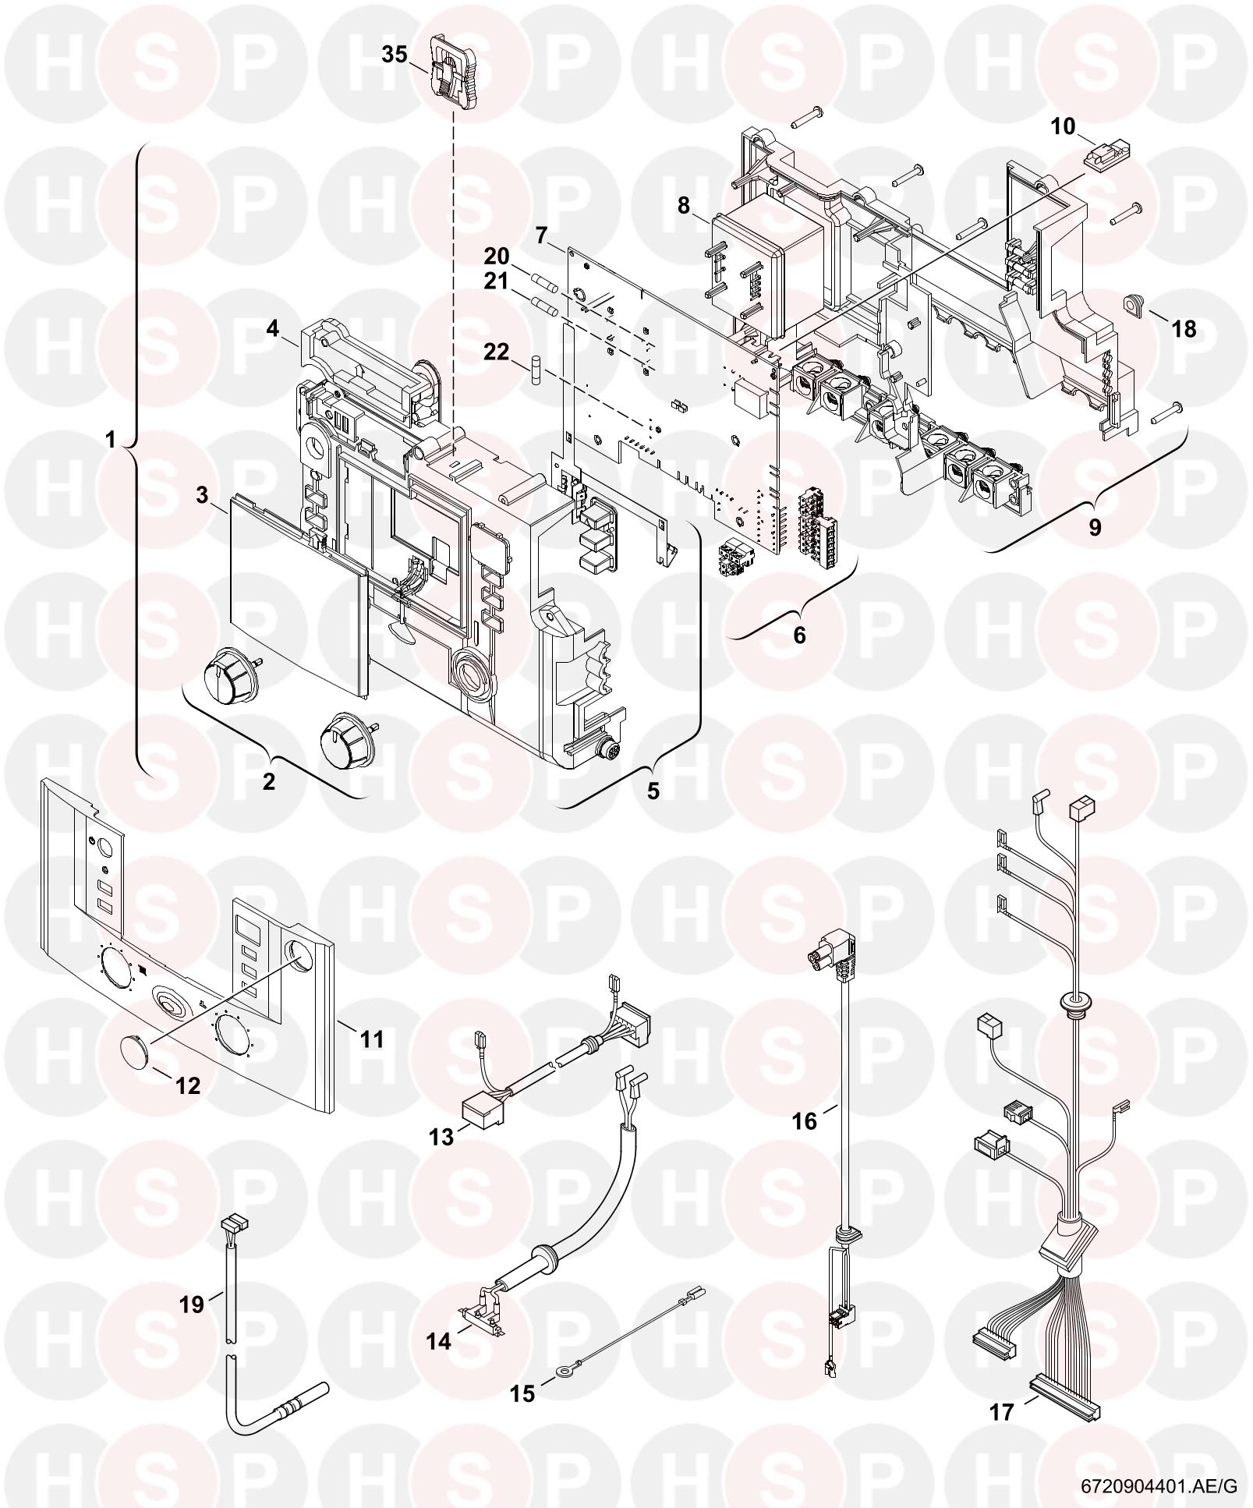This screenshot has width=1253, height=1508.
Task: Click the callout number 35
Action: [395, 55]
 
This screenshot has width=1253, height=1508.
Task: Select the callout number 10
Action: [1063, 126]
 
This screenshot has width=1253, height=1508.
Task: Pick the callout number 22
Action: [496, 352]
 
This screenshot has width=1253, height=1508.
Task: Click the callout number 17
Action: [1002, 1411]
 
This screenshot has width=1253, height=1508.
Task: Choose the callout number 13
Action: [441, 1136]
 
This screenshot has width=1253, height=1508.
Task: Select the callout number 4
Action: [272, 328]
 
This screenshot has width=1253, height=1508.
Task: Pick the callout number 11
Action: [373, 1039]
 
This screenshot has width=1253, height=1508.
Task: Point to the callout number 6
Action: [799, 635]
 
